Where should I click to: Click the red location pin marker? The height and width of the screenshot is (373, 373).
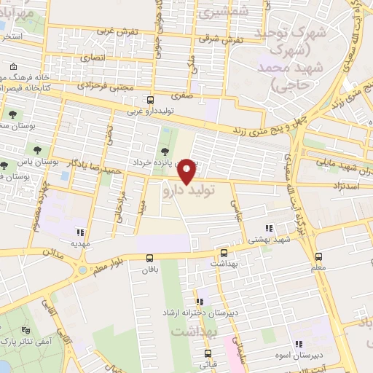point(187,171)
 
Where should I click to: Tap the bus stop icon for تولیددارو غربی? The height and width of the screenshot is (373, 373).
point(150,100)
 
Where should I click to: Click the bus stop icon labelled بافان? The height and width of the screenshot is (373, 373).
point(149,257)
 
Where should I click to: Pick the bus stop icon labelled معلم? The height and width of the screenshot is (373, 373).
point(318,256)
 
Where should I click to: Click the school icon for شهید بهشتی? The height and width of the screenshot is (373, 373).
point(269,228)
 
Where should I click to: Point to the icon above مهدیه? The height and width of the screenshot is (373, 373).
point(79,232)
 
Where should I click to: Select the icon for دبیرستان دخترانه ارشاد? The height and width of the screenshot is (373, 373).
point(199,301)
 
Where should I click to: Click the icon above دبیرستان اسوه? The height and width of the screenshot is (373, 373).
point(298,344)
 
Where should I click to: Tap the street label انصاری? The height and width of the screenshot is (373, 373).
point(93,56)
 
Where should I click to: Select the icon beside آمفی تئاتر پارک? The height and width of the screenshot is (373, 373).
point(27,329)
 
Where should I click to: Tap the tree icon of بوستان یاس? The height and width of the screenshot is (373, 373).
point(5,165)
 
